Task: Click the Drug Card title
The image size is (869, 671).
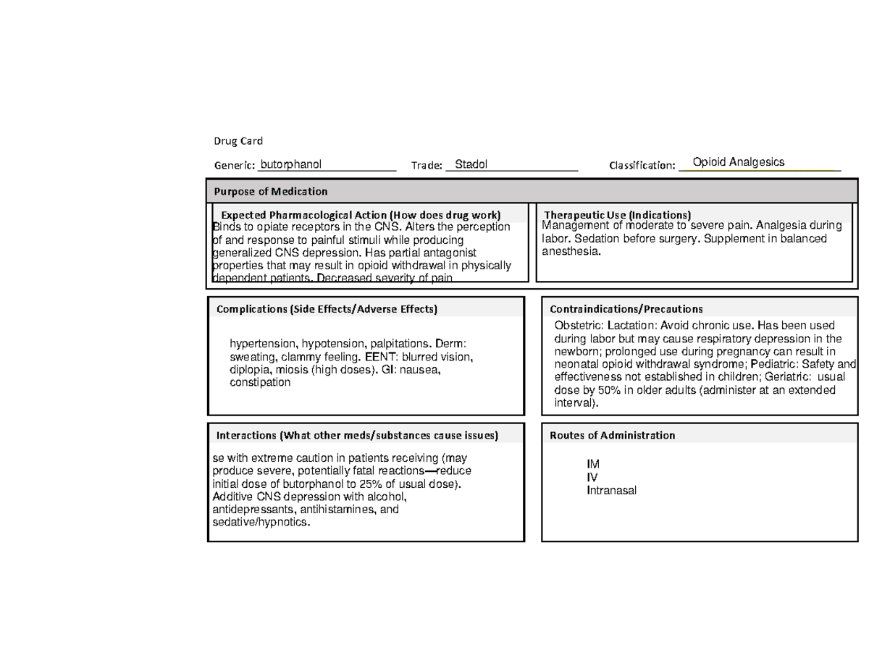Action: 238,140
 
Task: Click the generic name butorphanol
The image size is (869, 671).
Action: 291,164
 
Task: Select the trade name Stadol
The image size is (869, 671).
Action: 471,164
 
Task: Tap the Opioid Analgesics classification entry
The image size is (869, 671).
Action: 738,162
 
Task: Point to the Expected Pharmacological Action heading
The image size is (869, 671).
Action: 361,215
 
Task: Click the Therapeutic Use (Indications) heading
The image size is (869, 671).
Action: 617,215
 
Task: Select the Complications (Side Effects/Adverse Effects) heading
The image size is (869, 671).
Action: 327,309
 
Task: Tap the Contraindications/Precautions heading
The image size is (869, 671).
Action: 626,309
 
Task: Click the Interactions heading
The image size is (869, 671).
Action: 357,436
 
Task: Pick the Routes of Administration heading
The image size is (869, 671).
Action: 613,436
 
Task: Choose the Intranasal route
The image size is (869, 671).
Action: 612,491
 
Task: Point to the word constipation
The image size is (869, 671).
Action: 260,383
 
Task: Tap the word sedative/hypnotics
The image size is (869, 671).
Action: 259,523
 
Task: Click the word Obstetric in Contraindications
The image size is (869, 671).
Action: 579,326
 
